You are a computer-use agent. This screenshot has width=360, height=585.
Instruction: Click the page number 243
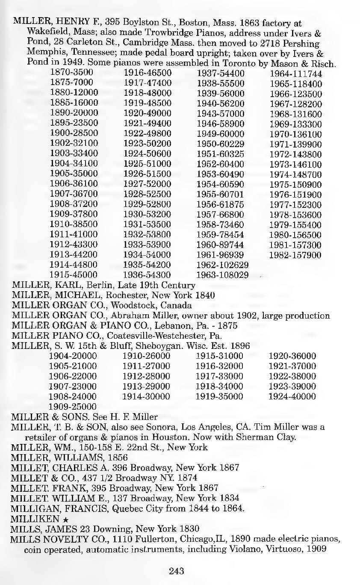point(176,570)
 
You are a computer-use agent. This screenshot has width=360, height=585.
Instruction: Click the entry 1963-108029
point(222,274)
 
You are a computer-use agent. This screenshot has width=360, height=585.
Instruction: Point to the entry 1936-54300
point(147,274)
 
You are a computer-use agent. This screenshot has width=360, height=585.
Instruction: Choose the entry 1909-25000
point(73,405)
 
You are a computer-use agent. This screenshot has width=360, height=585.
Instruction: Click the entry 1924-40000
point(292,396)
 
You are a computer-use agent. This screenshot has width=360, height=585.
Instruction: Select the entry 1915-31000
point(219,356)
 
